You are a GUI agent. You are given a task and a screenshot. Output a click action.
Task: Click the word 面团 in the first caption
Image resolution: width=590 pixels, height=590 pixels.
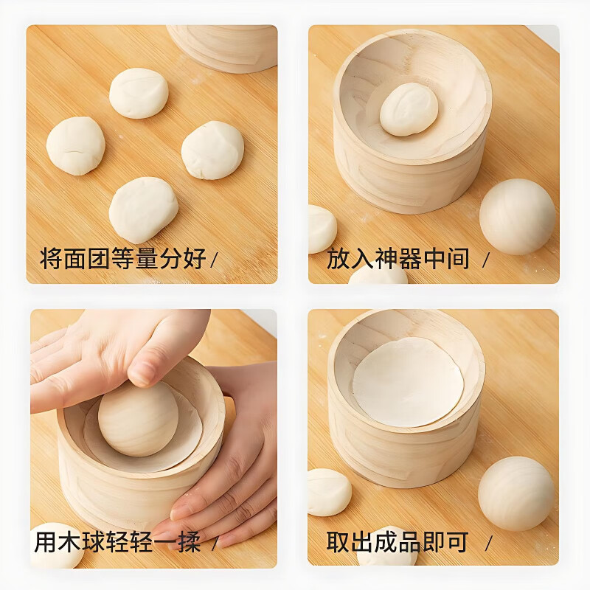click(86, 259)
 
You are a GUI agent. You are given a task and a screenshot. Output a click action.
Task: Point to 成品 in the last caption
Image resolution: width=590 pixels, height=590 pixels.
click(398, 542)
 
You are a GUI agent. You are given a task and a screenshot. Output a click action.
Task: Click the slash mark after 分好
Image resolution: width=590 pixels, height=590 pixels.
click(215, 260)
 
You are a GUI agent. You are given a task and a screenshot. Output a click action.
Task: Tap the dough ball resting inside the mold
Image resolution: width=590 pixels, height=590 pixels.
click(409, 109)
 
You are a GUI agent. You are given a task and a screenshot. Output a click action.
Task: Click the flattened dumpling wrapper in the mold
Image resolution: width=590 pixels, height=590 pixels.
click(408, 381)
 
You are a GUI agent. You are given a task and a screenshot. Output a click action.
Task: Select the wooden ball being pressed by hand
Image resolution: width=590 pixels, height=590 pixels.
click(138, 418)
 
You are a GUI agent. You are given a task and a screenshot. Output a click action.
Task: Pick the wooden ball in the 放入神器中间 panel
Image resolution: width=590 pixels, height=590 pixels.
click(517, 216)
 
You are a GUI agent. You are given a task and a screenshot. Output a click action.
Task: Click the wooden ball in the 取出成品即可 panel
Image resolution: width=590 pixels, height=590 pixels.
click(516, 493)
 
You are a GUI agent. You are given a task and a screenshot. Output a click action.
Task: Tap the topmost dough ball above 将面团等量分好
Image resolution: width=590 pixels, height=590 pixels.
click(139, 93)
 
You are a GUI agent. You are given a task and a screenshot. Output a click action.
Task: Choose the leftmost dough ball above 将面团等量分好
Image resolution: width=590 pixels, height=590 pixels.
click(75, 145)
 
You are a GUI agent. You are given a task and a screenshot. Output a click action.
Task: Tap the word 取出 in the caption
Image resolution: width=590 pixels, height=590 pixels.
click(350, 542)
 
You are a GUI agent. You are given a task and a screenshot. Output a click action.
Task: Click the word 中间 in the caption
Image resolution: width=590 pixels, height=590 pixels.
click(445, 259)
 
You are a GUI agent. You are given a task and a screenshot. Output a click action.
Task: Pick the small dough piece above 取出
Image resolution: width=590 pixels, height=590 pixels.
click(329, 492)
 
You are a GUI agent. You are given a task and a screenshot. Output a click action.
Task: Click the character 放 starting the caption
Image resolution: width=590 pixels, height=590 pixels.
click(339, 259)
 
